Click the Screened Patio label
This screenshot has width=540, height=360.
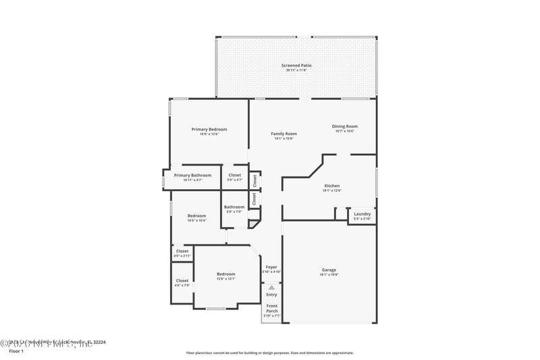click(x=296, y=66)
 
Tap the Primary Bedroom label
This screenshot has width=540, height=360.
click(x=209, y=129)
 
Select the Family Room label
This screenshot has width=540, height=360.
click(x=283, y=134)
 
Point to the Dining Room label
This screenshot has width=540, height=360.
click(x=344, y=126)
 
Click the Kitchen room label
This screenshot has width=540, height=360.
click(x=331, y=186)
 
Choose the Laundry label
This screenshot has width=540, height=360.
click(x=362, y=214)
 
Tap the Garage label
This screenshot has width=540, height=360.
click(x=329, y=270)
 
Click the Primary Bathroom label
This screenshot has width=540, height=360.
click(x=192, y=176)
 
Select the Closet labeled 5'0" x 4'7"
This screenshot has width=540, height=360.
click(x=234, y=176)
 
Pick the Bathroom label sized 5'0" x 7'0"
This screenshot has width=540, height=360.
click(x=234, y=207)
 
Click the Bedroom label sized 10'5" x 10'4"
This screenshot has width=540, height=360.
click(x=196, y=216)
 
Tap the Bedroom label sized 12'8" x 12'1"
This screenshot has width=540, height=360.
click(x=225, y=274)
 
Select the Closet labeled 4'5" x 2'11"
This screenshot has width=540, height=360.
click(x=182, y=251)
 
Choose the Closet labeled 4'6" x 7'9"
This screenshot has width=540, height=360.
click(x=182, y=281)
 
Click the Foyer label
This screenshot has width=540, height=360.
click(x=271, y=267)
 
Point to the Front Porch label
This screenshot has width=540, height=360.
click(x=271, y=309)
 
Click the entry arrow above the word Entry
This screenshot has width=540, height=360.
click(x=271, y=288)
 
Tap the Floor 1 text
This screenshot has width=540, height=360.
click(x=16, y=351)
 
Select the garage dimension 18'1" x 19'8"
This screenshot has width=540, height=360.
click(x=329, y=275)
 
